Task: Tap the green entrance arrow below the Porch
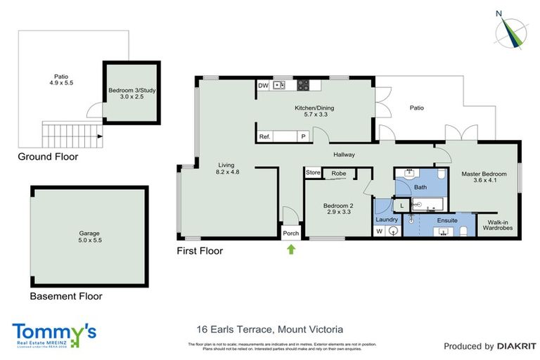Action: [x=290, y=248]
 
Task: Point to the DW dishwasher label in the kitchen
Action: [x=264, y=86]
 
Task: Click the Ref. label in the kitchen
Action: [x=265, y=137]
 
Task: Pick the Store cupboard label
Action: [x=313, y=173]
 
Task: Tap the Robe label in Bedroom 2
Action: [x=339, y=173]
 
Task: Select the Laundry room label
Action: [x=387, y=219]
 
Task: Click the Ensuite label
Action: [x=447, y=220]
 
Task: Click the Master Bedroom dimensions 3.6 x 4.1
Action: [x=484, y=181]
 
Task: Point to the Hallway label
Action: [x=344, y=155]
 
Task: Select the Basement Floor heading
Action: [x=66, y=297]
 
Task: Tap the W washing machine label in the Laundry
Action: [x=380, y=231]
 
